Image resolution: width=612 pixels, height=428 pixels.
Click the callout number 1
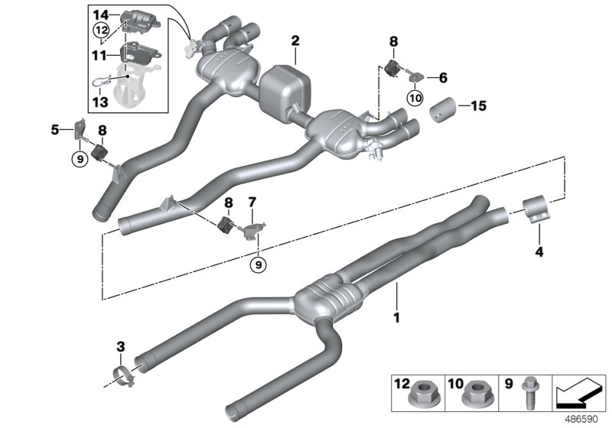tap(396, 314)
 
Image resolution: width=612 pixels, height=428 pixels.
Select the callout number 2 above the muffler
tap(295, 41)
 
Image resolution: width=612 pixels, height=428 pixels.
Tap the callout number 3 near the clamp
tap(120, 349)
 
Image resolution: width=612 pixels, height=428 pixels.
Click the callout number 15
tap(55, 130)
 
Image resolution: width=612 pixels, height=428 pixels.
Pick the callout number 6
tap(442, 77)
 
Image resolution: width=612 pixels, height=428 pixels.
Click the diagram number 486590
tap(584, 419)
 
